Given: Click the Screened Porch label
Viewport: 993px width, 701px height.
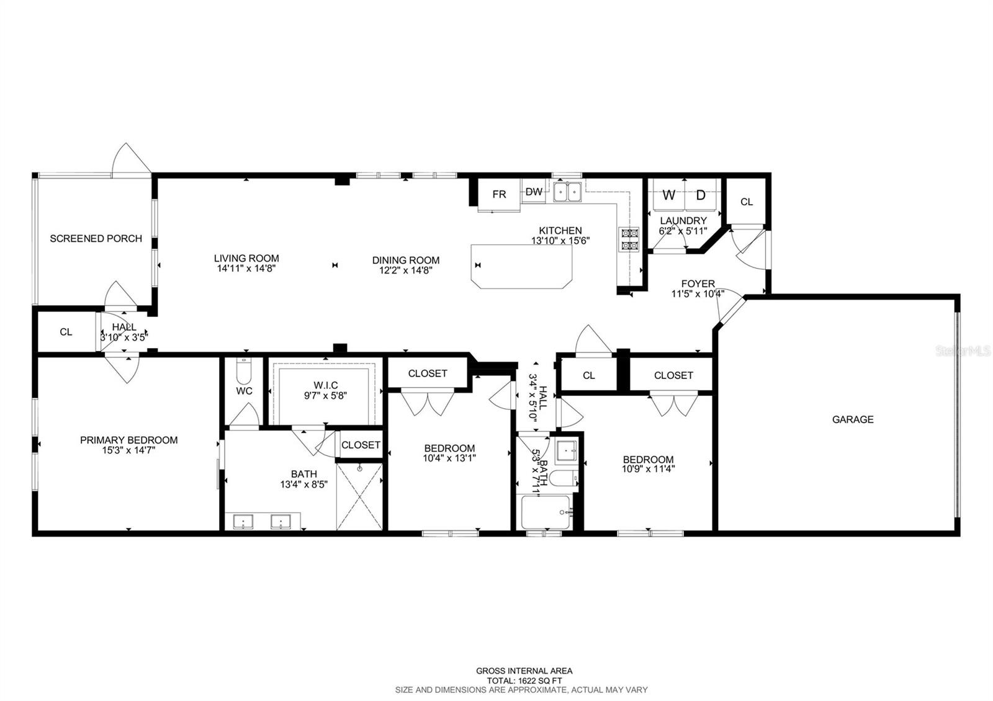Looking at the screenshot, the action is click(x=96, y=238).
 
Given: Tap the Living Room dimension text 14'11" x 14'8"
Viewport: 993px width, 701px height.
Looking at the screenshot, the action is click(x=246, y=268).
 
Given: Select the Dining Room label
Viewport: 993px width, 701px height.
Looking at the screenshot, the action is click(x=406, y=260).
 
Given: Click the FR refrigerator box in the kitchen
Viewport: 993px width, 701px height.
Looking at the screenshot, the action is click(x=499, y=195).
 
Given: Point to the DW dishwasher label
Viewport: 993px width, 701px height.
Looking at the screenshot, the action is click(x=534, y=192).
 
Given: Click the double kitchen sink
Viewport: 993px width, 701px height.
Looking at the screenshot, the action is click(x=567, y=192).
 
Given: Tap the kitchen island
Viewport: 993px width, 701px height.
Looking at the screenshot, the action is click(x=521, y=266).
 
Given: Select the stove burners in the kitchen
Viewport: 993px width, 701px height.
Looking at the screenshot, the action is click(x=629, y=239).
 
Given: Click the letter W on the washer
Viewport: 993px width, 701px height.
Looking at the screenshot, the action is click(x=668, y=195).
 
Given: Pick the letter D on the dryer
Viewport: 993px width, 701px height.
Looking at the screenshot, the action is click(x=701, y=195).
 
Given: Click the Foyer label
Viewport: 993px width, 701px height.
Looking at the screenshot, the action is click(x=698, y=284).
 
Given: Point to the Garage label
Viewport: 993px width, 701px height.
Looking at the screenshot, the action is click(x=853, y=419).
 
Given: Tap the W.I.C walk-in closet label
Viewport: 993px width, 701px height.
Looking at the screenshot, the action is click(x=326, y=385).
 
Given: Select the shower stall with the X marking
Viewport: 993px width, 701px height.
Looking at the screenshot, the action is click(x=359, y=496).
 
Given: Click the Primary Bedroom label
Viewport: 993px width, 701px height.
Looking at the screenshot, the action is click(x=129, y=440).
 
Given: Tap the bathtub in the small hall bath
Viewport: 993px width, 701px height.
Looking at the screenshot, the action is click(x=546, y=512).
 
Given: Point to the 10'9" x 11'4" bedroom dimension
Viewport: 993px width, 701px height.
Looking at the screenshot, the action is click(x=648, y=469).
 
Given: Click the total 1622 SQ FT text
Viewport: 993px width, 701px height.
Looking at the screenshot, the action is click(x=524, y=681).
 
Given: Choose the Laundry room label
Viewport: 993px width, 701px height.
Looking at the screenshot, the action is click(x=683, y=221).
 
